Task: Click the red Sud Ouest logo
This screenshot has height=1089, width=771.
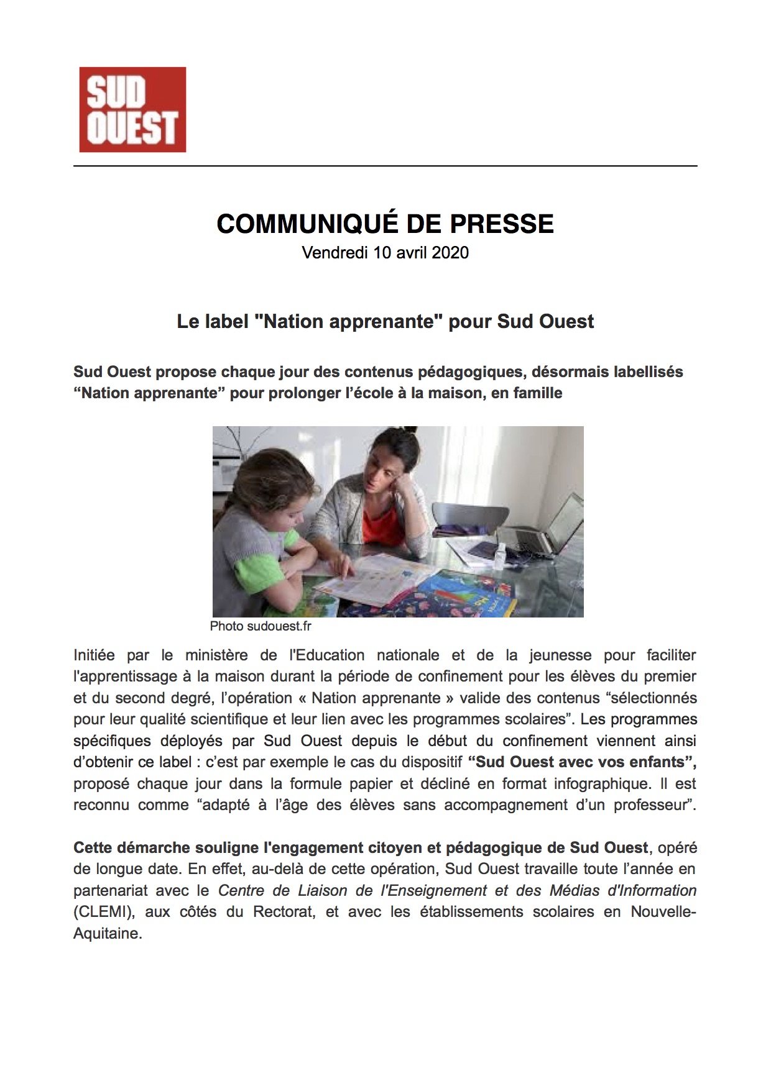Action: pos(132,109)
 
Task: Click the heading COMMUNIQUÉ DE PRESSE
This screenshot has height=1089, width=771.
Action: pos(385,224)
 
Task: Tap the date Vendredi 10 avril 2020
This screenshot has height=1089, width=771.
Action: pos(385,253)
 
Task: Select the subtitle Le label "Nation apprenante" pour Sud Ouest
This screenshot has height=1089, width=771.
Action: pos(385,322)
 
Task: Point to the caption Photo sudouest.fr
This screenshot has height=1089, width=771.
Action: pos(260,626)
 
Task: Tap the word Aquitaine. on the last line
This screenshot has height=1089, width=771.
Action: pos(108,934)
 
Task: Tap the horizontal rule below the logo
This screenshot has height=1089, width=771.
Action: pos(385,166)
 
